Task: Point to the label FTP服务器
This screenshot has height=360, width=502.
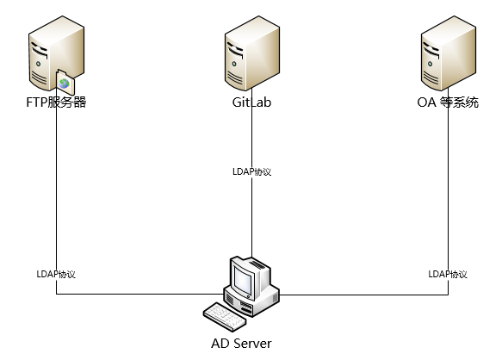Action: click(56, 104)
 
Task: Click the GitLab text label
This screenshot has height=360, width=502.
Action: click(251, 104)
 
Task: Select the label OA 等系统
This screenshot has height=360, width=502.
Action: click(448, 104)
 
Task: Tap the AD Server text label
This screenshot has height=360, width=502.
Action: click(241, 344)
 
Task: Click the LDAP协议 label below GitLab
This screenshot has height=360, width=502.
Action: click(252, 171)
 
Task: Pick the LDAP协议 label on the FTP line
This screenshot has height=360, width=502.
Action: click(56, 274)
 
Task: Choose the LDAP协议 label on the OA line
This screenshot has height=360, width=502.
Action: click(448, 274)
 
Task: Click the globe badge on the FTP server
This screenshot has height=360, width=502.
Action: click(64, 84)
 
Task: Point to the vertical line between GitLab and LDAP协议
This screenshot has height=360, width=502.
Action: click(252, 138)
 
